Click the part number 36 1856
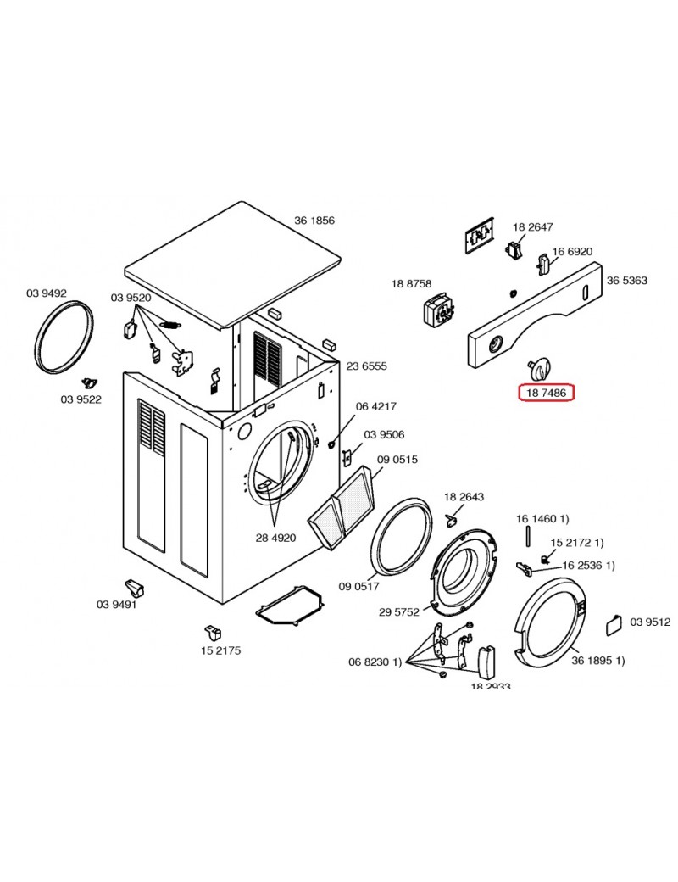314,220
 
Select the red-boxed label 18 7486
546,393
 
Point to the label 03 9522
81,399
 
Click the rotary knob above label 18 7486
538,367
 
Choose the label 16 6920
572,252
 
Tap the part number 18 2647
532,226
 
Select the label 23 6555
366,366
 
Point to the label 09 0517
359,586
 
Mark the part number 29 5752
399,611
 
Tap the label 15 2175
220,650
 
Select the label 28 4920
276,538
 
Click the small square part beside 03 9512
614,626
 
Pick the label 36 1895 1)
597,661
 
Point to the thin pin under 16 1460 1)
527,539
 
